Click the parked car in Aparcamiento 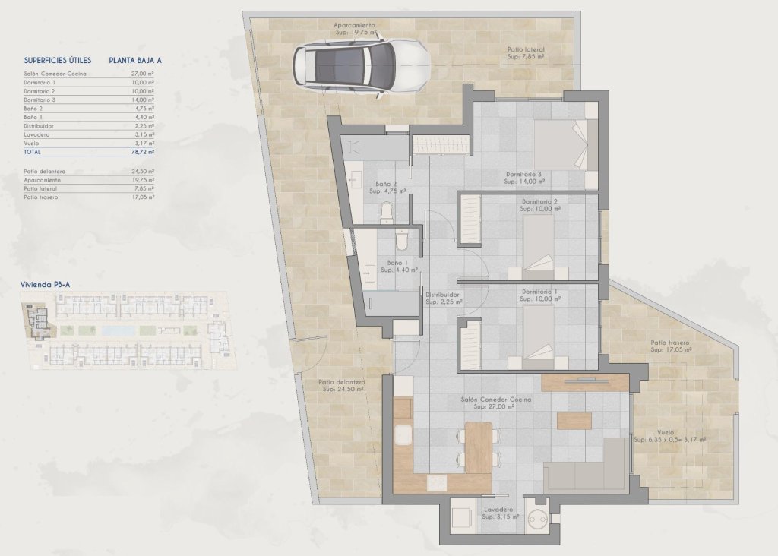[360, 67]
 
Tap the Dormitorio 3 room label [524, 174]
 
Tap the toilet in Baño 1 [403, 240]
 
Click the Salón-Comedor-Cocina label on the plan [495, 399]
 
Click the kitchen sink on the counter [403, 437]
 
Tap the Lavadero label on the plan [498, 510]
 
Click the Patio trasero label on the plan [670, 343]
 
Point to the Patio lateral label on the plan [526, 49]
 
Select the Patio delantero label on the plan [342, 382]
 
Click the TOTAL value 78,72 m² [142, 152]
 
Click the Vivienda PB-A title [45, 285]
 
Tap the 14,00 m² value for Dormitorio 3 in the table [142, 100]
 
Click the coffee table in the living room [574, 419]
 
